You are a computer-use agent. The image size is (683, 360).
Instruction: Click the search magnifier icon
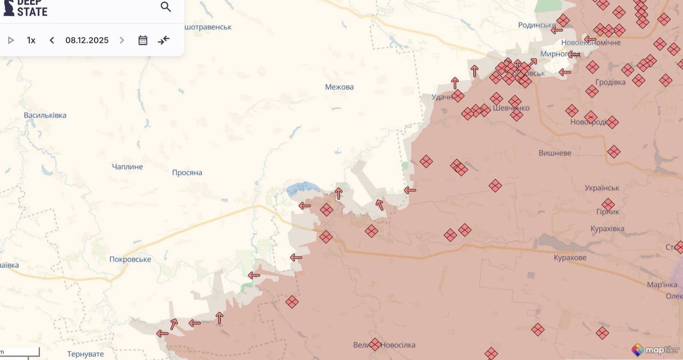(166, 7)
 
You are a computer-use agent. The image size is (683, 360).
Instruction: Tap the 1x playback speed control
(31, 40)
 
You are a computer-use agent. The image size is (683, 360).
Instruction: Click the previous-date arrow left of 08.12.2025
(52, 40)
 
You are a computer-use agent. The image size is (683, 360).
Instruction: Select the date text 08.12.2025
(87, 40)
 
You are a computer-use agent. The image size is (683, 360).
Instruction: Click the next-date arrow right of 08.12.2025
(122, 40)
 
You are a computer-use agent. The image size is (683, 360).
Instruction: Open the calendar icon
(143, 40)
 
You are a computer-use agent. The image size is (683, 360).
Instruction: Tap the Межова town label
(339, 87)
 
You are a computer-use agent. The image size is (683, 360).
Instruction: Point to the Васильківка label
(45, 115)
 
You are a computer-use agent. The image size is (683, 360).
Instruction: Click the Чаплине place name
(127, 167)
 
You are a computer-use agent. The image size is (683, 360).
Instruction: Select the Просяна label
(187, 173)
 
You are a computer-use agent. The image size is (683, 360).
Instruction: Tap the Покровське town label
(130, 259)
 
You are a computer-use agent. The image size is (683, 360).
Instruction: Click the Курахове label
(570, 258)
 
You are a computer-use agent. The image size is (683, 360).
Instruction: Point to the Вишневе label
(555, 153)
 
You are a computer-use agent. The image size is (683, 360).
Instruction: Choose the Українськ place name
(602, 188)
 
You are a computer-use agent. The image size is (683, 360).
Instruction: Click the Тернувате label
(85, 354)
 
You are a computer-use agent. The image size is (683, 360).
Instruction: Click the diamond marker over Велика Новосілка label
(375, 345)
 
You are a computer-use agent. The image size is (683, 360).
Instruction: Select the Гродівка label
(611, 82)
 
